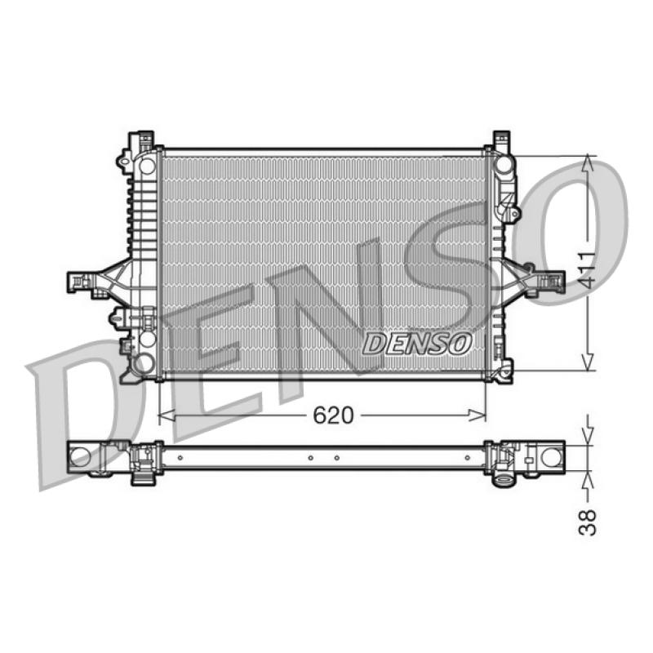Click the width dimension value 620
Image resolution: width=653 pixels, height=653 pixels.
pos(333,415)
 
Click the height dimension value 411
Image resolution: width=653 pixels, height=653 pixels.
pos(588,270)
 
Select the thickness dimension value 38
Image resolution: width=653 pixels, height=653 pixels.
pos(588,522)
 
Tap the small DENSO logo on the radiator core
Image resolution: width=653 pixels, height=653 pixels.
pos(417,344)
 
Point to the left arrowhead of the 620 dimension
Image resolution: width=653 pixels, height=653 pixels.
pos(167,415)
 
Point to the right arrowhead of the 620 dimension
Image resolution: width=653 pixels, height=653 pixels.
pos(478,415)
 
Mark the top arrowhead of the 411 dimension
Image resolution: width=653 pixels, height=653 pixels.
pos(588,162)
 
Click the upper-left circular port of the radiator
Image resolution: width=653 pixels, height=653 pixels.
pos(147,166)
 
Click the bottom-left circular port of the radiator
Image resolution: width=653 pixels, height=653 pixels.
pos(142,362)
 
